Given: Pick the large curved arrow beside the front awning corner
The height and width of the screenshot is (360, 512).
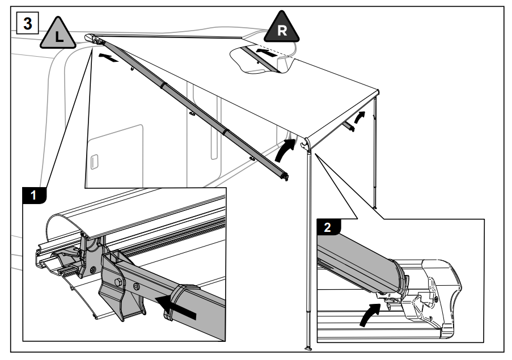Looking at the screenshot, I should pos(285,150).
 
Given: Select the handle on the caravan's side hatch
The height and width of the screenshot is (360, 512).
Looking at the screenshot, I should pos(95,161).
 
